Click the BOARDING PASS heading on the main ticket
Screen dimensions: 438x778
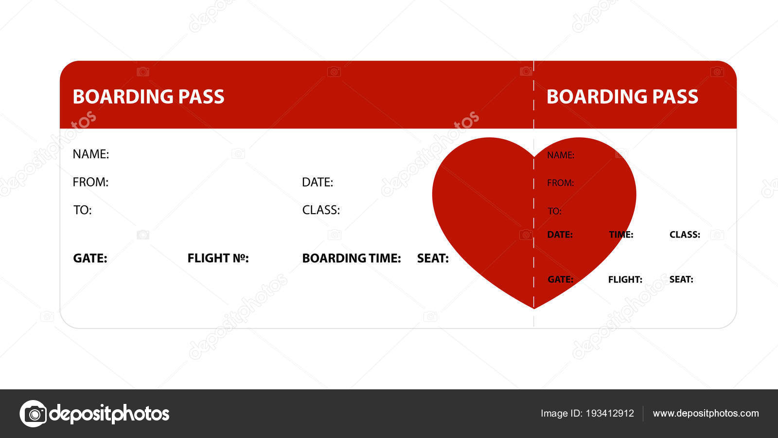(148, 96)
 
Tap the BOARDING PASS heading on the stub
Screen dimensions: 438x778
(622, 96)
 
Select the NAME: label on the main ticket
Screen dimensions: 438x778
(91, 154)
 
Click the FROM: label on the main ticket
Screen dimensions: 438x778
(90, 182)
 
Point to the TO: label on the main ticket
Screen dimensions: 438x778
(82, 210)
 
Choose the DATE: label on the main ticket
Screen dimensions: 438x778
(318, 182)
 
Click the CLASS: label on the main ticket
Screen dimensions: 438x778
(321, 210)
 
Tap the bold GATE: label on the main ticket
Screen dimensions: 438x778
(90, 258)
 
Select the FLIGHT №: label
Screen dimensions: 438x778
(218, 258)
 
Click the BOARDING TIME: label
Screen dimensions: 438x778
(352, 258)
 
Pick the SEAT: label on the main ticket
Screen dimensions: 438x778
(433, 258)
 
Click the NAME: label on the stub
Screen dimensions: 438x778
(561, 155)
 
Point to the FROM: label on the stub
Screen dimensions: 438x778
(560, 183)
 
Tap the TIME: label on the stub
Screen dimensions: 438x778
(621, 235)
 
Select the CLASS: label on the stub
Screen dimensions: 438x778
(685, 235)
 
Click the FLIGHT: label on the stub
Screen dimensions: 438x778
(625, 279)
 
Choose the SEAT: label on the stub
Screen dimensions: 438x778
(681, 279)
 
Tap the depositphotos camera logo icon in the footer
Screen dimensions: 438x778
(33, 414)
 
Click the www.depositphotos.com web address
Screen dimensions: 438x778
(706, 413)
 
